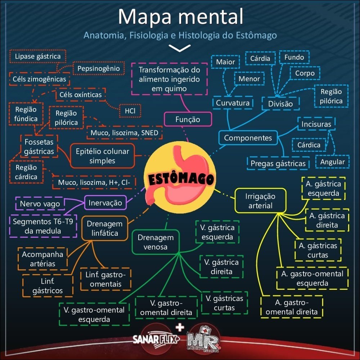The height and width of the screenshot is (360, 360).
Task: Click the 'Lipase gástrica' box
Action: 38,57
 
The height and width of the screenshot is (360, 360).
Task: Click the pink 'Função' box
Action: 188,120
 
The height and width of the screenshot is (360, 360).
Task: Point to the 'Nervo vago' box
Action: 40,203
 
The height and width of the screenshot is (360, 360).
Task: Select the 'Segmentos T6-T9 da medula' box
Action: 43,226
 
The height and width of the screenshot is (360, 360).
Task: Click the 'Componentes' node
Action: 248,138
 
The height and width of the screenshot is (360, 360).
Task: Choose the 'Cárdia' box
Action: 260,58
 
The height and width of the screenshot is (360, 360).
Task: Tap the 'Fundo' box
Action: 294,57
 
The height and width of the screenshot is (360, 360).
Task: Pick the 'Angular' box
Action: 332,162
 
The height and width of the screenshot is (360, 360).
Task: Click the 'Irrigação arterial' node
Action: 260,201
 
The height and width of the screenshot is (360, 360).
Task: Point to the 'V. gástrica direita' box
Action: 221,267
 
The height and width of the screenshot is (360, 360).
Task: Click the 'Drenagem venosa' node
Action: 156,242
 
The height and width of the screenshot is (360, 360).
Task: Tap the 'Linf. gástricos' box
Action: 48,285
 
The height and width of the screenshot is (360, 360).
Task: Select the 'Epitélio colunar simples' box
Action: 102,156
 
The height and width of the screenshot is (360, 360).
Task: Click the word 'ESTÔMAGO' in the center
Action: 180,179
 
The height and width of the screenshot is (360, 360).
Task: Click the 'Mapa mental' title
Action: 180,17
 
